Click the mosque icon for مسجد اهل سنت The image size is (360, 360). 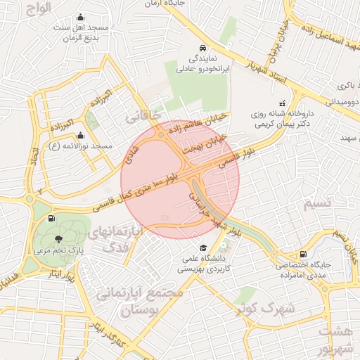[81, 17]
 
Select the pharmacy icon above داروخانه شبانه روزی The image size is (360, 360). [283, 103]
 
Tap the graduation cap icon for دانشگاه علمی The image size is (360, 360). [203, 248]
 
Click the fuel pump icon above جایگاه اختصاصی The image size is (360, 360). [303, 254]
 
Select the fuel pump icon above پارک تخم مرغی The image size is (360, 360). [53, 218]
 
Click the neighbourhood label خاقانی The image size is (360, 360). [143, 115]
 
